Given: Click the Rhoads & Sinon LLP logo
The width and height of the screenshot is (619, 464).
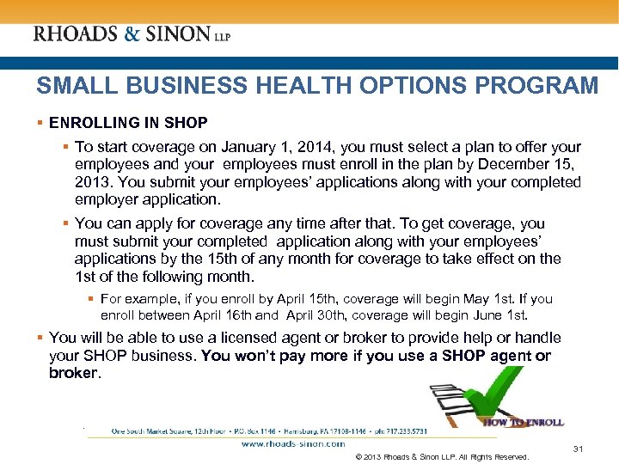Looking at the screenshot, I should [132, 34].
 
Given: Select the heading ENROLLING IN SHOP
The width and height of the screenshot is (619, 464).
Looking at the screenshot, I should [128, 123].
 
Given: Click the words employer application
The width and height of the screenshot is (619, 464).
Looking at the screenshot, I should [147, 199].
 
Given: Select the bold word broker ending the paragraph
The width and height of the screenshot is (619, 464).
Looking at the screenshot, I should [74, 373].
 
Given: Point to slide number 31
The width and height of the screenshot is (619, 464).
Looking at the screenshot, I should [578, 449].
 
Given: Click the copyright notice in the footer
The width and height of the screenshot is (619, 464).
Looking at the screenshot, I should [441, 456].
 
